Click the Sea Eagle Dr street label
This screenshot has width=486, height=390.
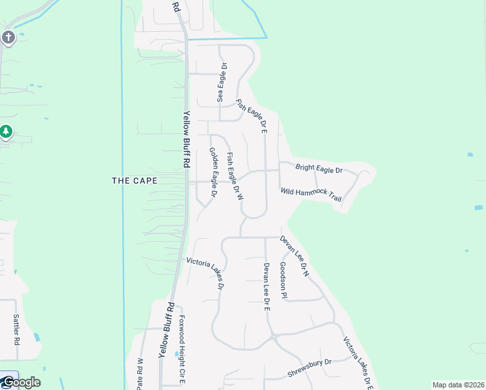pyautogui.click(x=222, y=83)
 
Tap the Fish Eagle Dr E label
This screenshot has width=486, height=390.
pyautogui.click(x=252, y=116)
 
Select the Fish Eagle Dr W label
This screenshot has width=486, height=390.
pyautogui.click(x=235, y=175)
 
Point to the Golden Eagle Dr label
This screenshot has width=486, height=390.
pyautogui.click(x=212, y=172)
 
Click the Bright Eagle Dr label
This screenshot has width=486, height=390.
pyautogui.click(x=318, y=169)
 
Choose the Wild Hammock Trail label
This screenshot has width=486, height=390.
pyautogui.click(x=311, y=194)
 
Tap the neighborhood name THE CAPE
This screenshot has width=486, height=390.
pyautogui.click(x=134, y=181)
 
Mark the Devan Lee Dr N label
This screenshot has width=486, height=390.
pyautogui.click(x=294, y=256)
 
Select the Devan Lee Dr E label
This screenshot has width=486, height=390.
pyautogui.click(x=266, y=286)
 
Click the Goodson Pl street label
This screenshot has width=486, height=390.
pyautogui.click(x=283, y=281)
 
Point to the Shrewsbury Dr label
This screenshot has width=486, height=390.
pyautogui.click(x=309, y=369)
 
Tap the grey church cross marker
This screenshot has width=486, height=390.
pyautogui.click(x=8, y=37)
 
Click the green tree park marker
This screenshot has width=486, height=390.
pyautogui.click(x=6, y=132)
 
